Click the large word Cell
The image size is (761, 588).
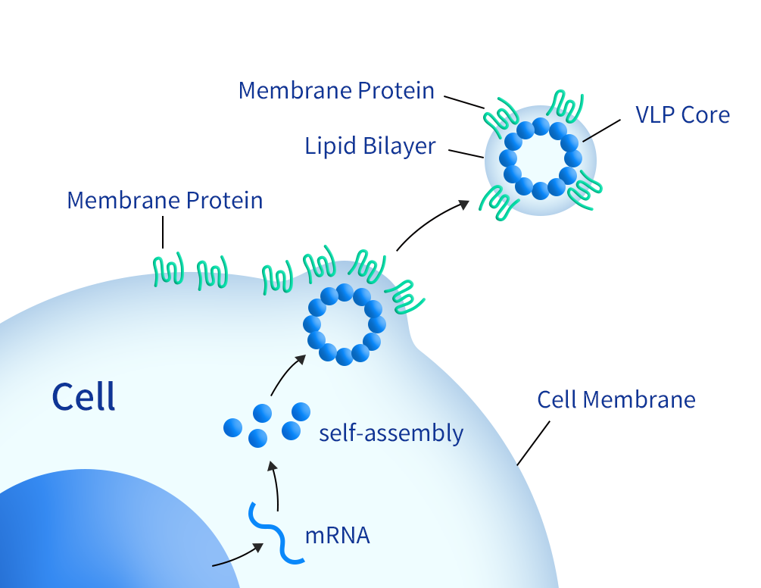click(83, 397)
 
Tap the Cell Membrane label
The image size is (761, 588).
click(616, 399)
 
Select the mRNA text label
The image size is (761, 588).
click(337, 536)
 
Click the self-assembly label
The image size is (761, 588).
click(391, 433)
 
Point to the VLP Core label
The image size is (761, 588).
click(682, 115)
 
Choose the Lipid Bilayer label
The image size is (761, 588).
click(370, 145)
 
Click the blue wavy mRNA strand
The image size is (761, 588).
click(276, 534)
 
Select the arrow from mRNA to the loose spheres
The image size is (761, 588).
click(276, 485)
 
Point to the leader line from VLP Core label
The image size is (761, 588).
click(601, 129)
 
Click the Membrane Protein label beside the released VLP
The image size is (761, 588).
click(336, 91)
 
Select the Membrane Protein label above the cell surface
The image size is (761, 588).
click(165, 201)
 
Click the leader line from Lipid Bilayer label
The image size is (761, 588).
click(466, 153)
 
